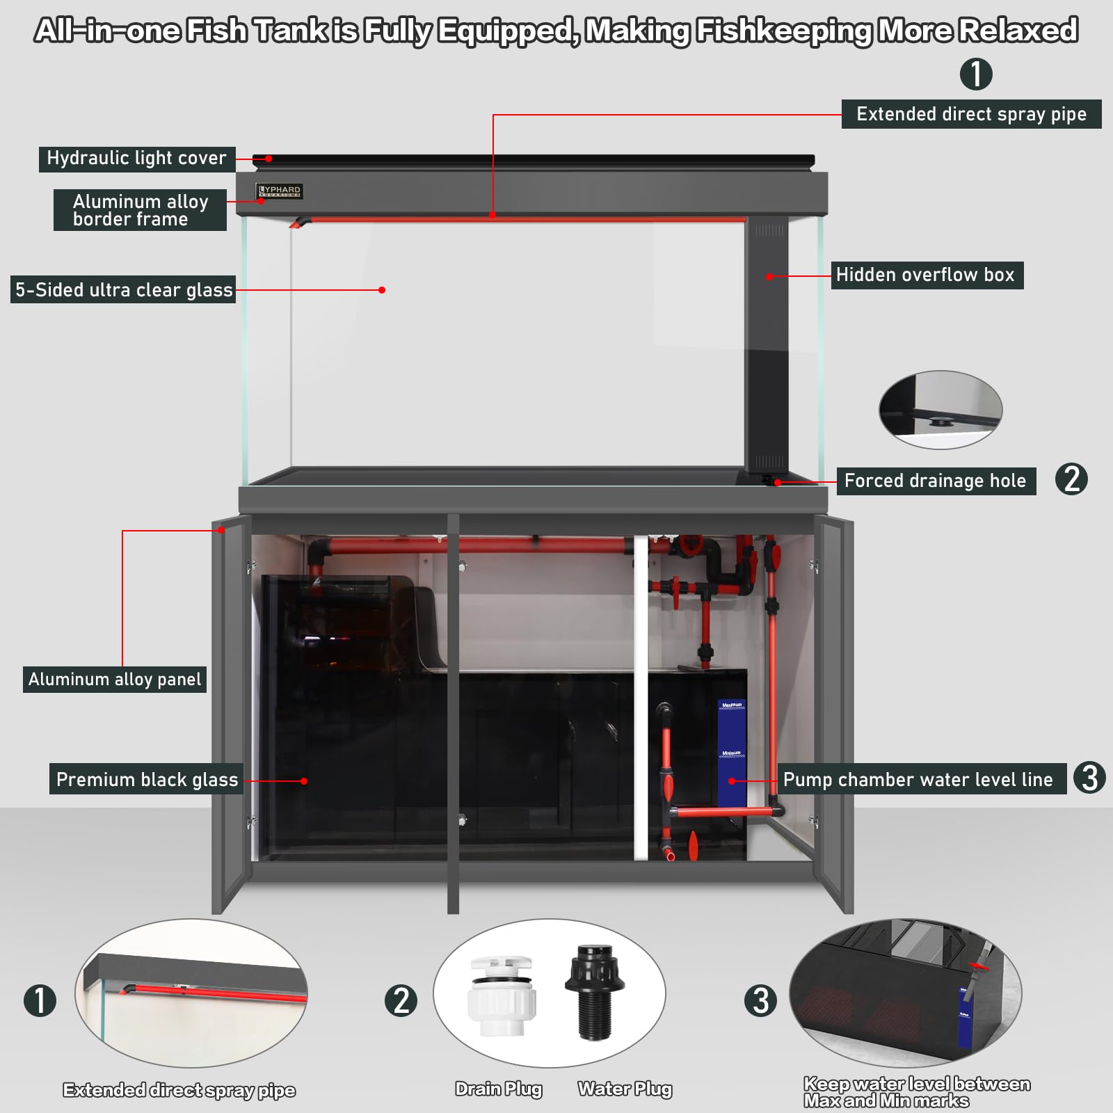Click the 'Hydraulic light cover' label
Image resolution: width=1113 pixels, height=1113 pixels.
tap(136, 159)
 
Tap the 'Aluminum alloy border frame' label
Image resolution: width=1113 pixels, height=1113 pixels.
tap(140, 210)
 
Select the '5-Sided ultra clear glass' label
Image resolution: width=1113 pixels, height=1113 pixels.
tap(124, 290)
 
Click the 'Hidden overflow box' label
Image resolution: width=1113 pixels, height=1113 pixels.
tap(926, 275)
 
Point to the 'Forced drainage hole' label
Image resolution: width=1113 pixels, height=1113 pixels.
tap(935, 481)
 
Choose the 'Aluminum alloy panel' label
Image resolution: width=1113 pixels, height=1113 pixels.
tap(115, 679)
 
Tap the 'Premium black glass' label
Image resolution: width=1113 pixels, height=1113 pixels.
tap(147, 779)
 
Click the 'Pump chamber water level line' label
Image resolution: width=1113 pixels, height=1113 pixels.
tap(918, 779)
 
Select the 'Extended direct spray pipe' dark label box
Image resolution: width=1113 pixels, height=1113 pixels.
tap(971, 114)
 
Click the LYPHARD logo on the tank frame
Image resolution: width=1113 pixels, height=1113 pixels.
tap(280, 191)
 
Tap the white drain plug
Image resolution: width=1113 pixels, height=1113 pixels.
tap(501, 996)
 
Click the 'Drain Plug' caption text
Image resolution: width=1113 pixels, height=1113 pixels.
tap(499, 1089)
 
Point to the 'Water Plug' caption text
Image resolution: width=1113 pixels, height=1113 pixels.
tap(625, 1089)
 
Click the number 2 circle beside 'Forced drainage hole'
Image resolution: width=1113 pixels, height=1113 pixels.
tap(1071, 479)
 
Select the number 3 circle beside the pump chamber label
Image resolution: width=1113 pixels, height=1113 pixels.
tap(1089, 778)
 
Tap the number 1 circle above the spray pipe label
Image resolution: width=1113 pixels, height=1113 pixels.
tap(976, 74)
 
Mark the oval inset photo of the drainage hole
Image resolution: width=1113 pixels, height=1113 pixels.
tap(940, 410)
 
